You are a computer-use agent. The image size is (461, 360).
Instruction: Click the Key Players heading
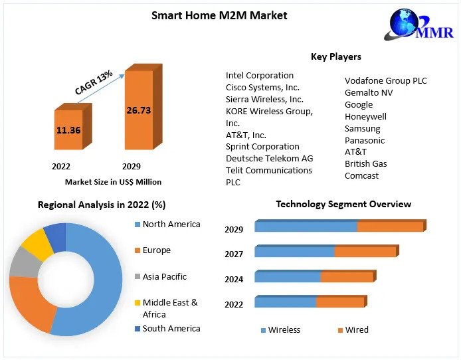335,56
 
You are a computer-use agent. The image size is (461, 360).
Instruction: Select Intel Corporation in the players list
259,75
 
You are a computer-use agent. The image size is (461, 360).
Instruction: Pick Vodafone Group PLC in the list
385,80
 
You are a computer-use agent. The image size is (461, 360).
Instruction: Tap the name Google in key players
359,104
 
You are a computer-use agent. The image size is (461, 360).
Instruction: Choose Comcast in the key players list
361,175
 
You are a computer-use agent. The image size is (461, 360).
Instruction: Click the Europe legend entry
156,250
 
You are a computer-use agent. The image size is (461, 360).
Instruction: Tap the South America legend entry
171,328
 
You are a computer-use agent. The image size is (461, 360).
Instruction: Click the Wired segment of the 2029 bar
390,226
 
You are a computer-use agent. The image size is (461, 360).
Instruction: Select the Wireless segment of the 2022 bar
285,303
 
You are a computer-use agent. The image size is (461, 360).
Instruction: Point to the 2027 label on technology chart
234,254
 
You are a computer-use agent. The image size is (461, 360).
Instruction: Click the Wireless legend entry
284,329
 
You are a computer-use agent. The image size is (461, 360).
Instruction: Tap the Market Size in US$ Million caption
113,181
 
